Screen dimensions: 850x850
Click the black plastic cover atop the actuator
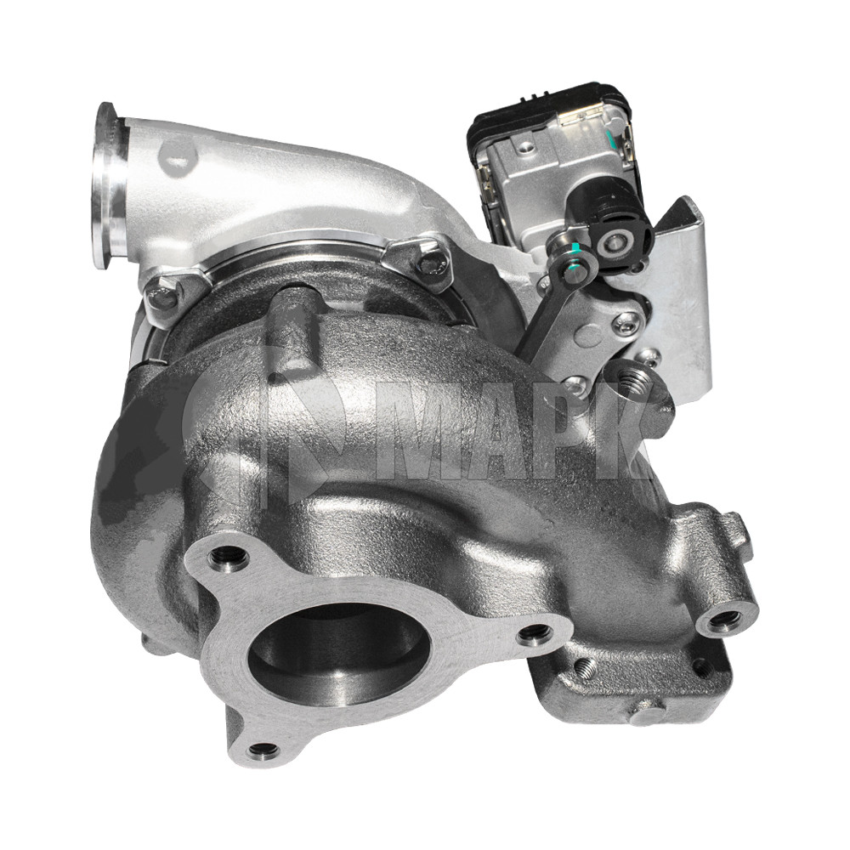tap(547, 116)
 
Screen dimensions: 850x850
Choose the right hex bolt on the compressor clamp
tap(431, 263)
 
